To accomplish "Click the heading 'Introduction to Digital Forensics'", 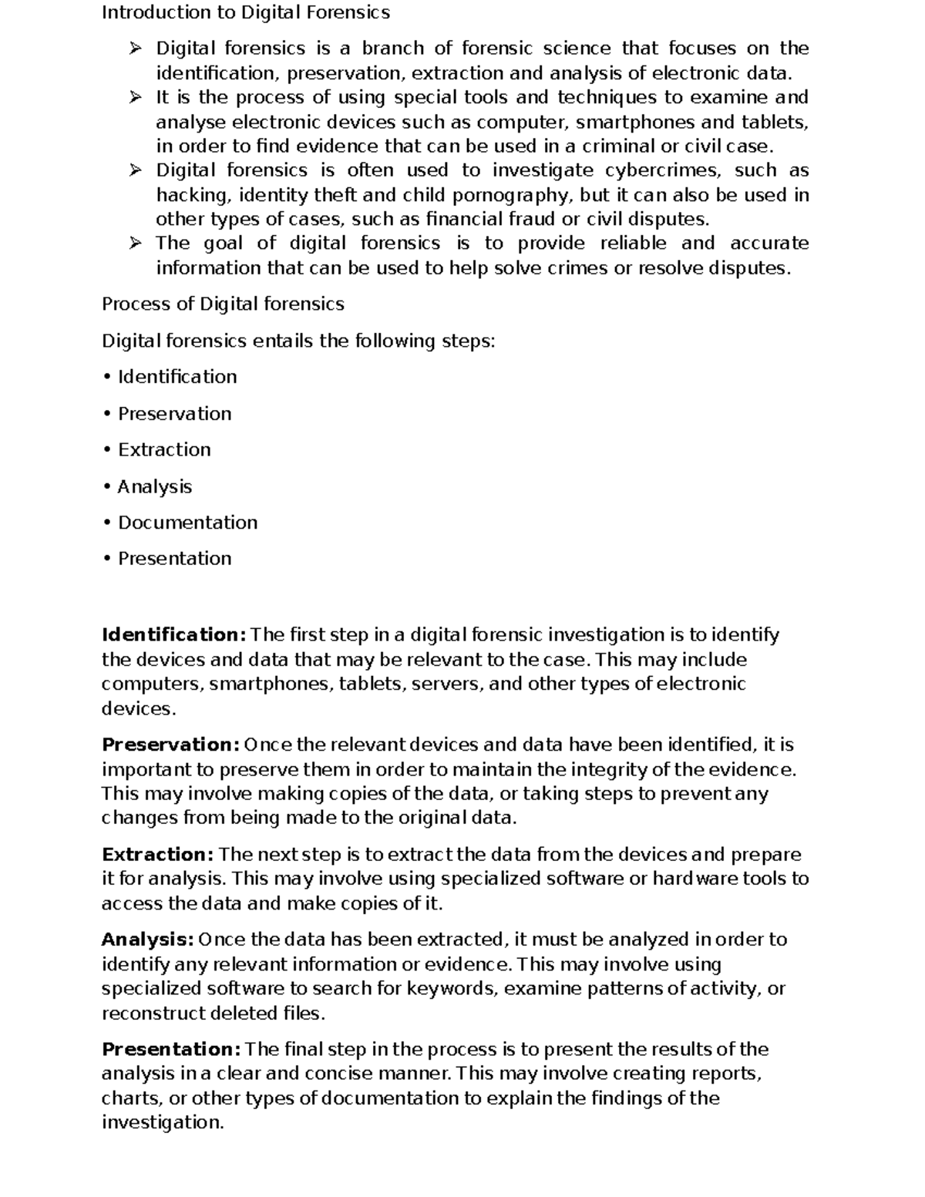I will [246, 13].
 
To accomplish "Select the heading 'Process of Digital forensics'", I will [223, 304].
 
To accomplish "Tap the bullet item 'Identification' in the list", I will [177, 377].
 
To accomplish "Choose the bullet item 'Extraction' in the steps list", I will [163, 449].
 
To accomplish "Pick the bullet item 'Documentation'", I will [187, 523].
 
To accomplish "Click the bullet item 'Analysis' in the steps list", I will [154, 486].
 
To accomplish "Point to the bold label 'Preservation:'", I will [170, 745].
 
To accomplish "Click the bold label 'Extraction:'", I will [157, 855].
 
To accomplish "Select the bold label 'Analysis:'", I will [147, 940].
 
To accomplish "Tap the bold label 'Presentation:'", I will [171, 1050].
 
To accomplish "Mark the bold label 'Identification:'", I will [173, 635].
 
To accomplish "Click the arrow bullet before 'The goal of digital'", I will [136, 244].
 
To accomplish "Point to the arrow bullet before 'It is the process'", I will [136, 98].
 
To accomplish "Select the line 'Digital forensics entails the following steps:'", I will [298, 341].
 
